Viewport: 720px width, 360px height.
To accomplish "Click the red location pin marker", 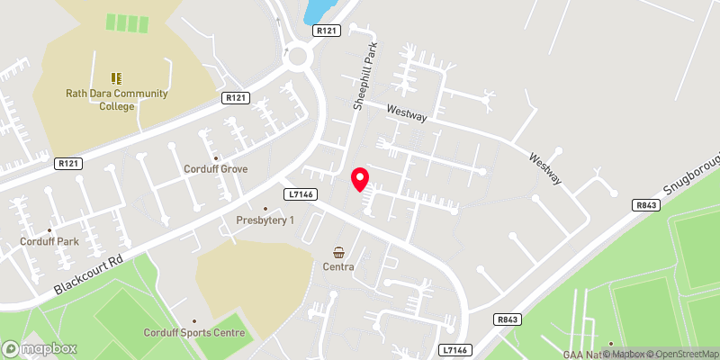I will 360,179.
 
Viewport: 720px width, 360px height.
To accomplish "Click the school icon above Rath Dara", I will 114,78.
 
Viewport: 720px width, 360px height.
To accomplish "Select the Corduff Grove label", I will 215,168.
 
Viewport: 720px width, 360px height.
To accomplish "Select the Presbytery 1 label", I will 265,220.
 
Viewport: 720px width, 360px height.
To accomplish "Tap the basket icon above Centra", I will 339,252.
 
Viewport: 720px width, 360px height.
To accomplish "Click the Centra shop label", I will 339,266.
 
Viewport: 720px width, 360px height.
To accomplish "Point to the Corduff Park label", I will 49,241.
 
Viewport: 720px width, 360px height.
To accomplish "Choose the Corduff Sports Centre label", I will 194,332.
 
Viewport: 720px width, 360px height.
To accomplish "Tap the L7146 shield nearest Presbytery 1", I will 298,193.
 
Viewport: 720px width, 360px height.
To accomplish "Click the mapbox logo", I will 40,348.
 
